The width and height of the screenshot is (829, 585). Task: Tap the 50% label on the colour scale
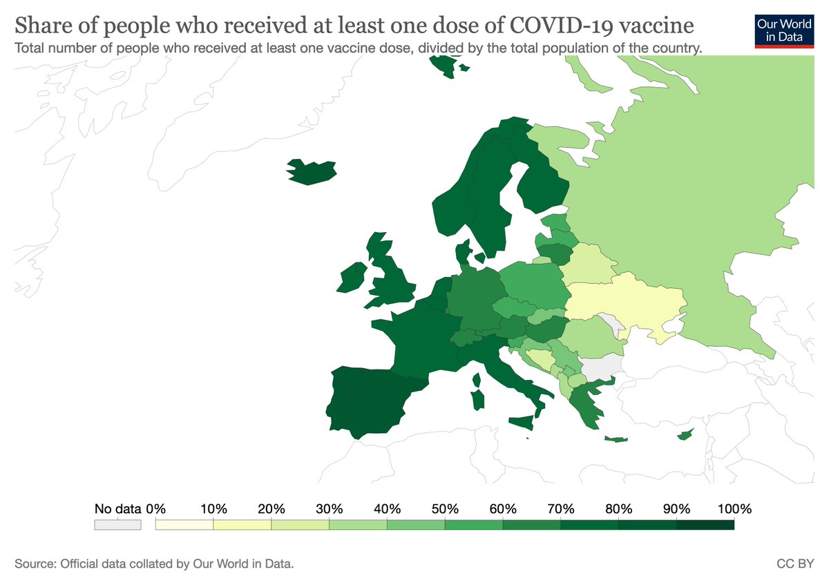pos(446,509)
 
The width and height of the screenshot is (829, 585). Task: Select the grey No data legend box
pos(117,525)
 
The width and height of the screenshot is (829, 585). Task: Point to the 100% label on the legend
pos(734,509)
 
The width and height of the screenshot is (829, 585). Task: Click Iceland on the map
pos(312,171)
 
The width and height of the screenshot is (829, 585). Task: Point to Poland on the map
pos(532,283)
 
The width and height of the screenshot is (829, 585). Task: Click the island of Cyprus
pos(685,434)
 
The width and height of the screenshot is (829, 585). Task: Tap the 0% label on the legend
pos(156,509)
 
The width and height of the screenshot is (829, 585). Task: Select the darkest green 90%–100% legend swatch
pos(705,525)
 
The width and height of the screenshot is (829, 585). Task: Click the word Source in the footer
pos(34,564)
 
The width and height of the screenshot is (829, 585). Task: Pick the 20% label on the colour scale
pos(271,509)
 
